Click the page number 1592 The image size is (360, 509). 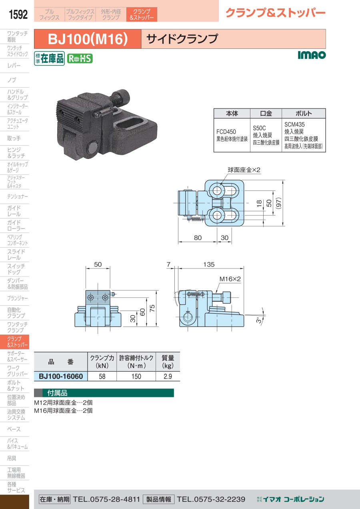[18, 14]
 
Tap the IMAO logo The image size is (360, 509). [312, 55]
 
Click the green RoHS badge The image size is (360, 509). [80, 58]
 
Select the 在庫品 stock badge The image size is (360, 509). [49, 58]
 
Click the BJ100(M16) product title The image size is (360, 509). [88, 39]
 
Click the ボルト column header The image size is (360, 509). [304, 113]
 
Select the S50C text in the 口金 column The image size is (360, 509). [259, 128]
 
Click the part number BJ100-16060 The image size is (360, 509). [61, 376]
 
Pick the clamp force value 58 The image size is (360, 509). [102, 377]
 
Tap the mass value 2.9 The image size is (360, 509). [168, 377]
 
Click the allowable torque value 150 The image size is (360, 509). [136, 377]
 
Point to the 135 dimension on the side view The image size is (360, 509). [209, 264]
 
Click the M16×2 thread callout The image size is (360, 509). [230, 279]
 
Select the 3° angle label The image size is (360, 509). [259, 320]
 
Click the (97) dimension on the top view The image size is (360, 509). [278, 203]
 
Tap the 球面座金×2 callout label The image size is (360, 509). [244, 170]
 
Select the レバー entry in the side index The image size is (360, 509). [14, 66]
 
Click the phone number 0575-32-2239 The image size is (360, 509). [220, 499]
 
